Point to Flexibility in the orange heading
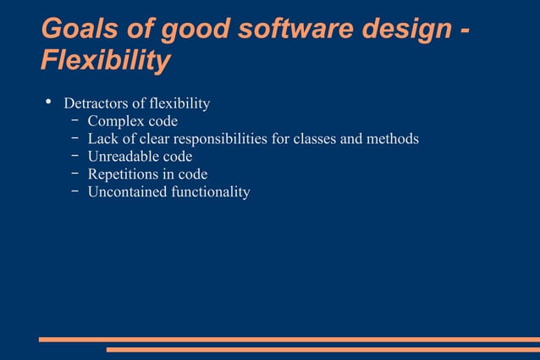[105, 61]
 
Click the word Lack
[103, 139]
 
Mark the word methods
[393, 139]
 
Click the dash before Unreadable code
[75, 157]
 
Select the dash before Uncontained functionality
[75, 192]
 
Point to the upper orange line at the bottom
[289, 339]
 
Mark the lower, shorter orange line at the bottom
[322, 348]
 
